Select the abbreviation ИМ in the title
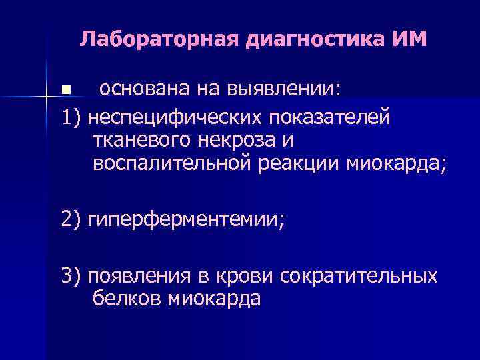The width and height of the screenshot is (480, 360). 407,39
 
